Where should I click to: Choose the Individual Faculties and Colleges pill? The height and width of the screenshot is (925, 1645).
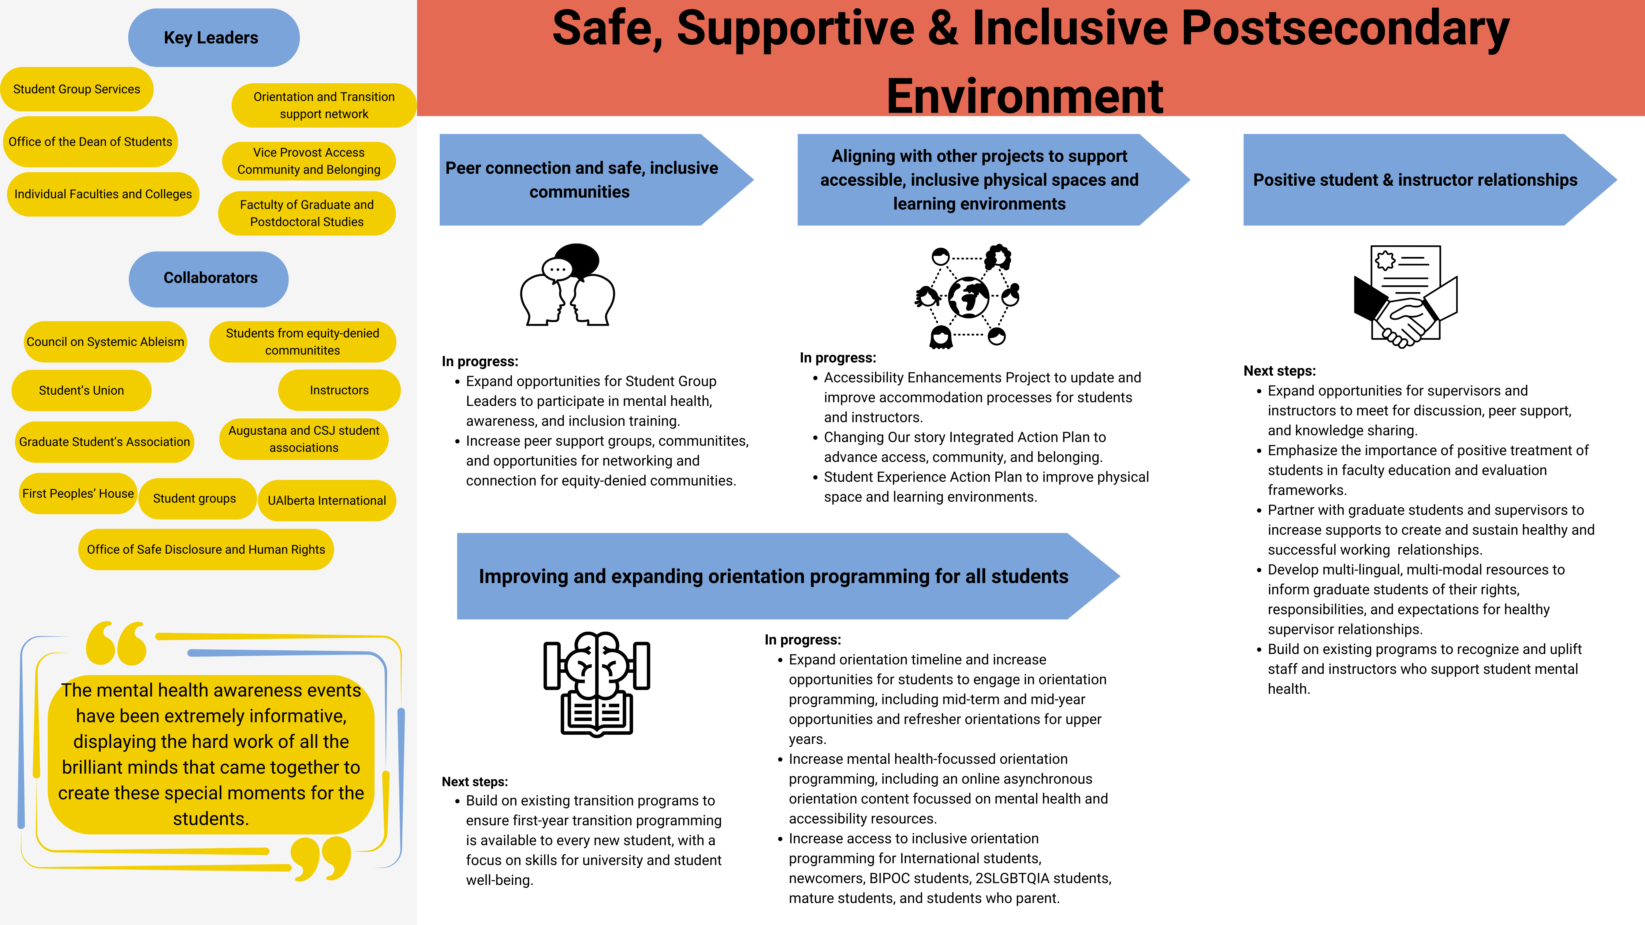[x=103, y=194]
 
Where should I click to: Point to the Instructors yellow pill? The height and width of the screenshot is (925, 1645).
[x=339, y=390]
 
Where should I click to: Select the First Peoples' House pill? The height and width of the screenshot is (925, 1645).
[x=78, y=493]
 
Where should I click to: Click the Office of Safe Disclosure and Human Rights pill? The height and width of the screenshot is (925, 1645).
[x=206, y=550]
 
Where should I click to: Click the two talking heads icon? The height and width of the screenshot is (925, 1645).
[x=567, y=285]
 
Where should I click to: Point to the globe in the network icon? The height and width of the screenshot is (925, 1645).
[x=968, y=297]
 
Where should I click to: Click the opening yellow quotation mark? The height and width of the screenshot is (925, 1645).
[x=116, y=643]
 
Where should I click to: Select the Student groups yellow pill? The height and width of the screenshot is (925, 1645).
[x=195, y=499]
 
